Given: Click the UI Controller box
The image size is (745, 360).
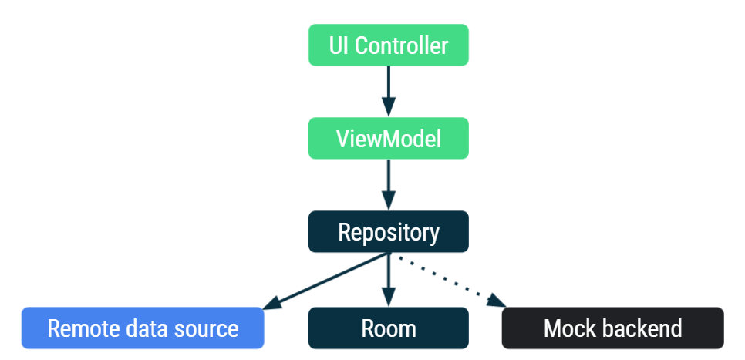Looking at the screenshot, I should coord(388,45).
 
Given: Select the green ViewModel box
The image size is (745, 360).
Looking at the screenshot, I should coord(388,139).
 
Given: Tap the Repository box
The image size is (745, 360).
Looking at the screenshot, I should coord(388,232).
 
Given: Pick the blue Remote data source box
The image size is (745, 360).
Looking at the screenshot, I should coord(143,328).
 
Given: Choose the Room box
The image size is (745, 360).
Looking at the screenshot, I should coord(388,328).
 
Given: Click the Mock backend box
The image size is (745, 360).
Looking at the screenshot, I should coord(612,328).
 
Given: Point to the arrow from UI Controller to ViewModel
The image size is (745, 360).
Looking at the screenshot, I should coord(388,88).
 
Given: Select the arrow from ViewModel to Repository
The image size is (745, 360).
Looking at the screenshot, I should coord(388,182).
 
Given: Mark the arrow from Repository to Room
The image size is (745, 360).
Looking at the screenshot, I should coord(388,278).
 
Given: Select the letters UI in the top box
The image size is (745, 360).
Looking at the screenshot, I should coord(338,45).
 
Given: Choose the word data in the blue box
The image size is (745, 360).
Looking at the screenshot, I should coord(147,329).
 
